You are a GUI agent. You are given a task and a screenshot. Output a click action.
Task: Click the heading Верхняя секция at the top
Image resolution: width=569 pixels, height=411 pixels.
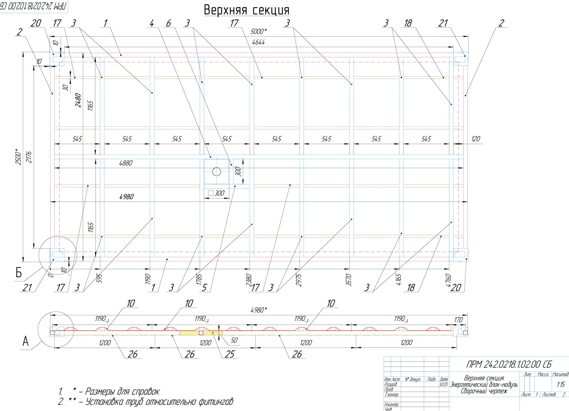(x=246, y=10)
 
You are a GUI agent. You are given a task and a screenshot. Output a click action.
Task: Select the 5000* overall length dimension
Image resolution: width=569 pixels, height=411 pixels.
(x=258, y=32)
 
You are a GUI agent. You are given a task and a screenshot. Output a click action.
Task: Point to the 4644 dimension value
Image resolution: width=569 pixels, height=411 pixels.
(x=258, y=42)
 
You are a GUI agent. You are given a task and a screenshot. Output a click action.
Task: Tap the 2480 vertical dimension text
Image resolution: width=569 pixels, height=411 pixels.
(x=78, y=100)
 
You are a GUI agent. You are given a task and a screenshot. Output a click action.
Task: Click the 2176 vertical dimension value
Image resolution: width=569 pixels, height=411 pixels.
(x=29, y=157)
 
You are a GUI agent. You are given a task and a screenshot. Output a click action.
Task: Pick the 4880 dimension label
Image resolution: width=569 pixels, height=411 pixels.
(x=126, y=163)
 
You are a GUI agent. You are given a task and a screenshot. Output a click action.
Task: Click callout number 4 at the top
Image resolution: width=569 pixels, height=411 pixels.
(x=152, y=24)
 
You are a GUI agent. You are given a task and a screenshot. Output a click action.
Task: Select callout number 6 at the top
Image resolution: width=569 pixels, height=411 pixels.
(x=168, y=24)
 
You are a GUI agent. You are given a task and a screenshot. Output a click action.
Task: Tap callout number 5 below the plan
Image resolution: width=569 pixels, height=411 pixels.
(x=204, y=288)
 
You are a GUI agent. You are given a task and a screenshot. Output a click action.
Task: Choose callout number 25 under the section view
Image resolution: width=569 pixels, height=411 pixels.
(x=230, y=354)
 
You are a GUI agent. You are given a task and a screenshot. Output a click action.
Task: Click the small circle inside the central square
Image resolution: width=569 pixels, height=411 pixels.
(x=217, y=172)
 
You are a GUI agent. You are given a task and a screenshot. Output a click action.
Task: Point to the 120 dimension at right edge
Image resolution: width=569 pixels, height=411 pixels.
(x=475, y=139)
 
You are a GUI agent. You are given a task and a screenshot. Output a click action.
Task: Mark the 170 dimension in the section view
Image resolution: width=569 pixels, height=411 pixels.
(x=458, y=320)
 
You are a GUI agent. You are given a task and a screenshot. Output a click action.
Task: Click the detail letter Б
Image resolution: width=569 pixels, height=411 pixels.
(x=19, y=273)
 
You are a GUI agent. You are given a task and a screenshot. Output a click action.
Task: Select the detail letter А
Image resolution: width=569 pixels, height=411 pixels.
(x=25, y=341)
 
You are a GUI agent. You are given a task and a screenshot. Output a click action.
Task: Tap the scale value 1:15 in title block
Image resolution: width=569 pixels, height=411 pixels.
(x=560, y=384)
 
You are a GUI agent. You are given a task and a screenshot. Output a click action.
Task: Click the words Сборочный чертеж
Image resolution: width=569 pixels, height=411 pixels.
(x=484, y=391)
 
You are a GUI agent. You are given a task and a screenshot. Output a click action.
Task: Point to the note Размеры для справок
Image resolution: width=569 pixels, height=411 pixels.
(x=122, y=391)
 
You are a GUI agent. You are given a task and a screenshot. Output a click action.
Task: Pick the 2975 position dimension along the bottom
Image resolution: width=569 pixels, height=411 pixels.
(x=298, y=280)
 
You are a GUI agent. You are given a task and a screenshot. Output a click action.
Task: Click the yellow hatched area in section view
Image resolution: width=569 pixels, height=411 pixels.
(x=190, y=333)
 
